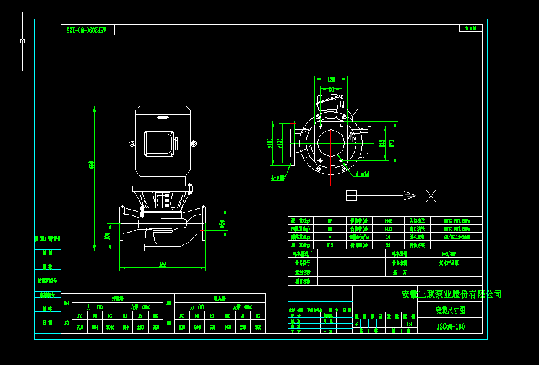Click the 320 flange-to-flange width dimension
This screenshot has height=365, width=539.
coord(163,265)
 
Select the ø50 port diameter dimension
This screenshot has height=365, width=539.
coord(222,224)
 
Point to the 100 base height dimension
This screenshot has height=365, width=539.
coord(106,236)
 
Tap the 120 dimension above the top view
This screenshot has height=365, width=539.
coord(331,79)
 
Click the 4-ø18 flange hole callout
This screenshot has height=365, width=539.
coord(277,178)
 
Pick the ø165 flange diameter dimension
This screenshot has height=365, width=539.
coord(270,144)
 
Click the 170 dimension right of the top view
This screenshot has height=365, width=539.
coord(392,144)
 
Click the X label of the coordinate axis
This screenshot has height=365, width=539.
coord(431,196)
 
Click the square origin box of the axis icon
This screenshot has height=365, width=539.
coord(351,195)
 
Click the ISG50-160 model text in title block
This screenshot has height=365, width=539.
coord(451,326)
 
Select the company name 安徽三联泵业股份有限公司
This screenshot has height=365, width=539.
coord(452,294)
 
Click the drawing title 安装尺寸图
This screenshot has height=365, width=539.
coord(450,310)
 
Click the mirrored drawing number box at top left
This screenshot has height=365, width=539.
coord(88,30)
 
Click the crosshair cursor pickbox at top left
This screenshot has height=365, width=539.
coord(23,41)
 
